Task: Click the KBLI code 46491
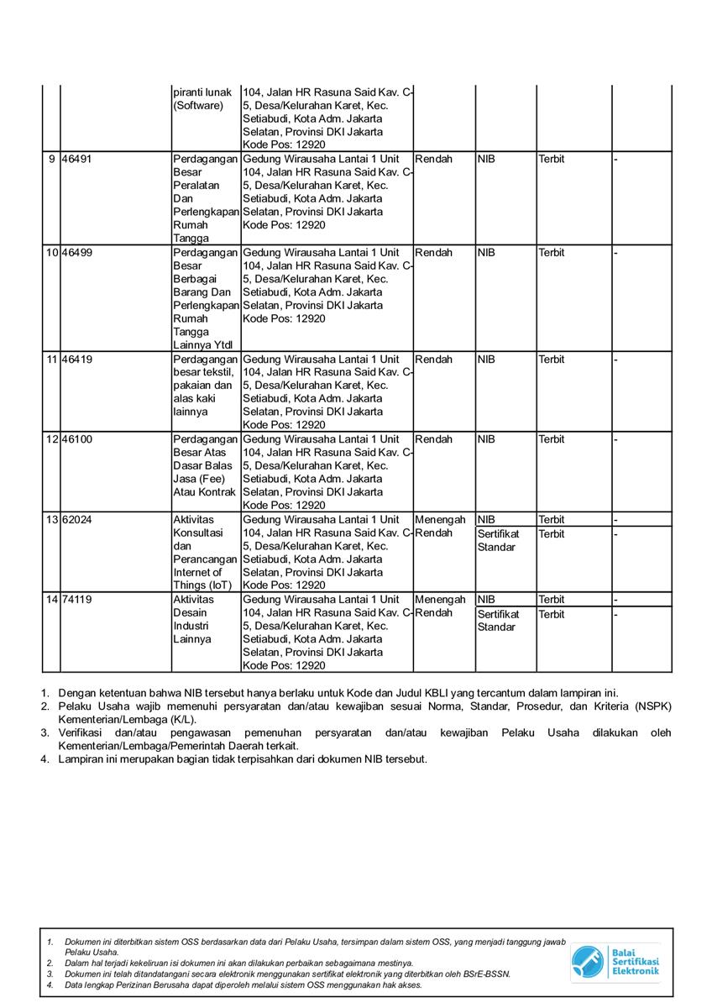coord(77,159)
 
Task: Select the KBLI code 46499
coord(77,253)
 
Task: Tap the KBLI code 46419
coord(77,360)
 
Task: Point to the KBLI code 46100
coord(77,439)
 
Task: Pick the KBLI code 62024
coord(77,520)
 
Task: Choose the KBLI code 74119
coord(77,600)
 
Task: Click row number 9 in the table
coord(53,159)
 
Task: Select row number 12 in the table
coord(52,439)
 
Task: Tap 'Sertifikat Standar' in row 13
coord(499,541)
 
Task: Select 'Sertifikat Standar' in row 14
coord(499,621)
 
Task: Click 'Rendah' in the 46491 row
coord(433,159)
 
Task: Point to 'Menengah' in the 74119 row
coord(440,600)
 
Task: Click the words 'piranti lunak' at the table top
coord(202,92)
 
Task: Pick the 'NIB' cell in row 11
coord(486,360)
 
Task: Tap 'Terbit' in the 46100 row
coord(552,439)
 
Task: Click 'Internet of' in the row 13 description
coord(197,573)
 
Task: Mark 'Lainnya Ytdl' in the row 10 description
coord(203,345)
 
